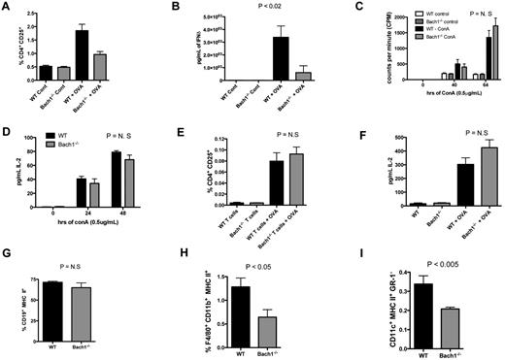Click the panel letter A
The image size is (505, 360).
(7, 7)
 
